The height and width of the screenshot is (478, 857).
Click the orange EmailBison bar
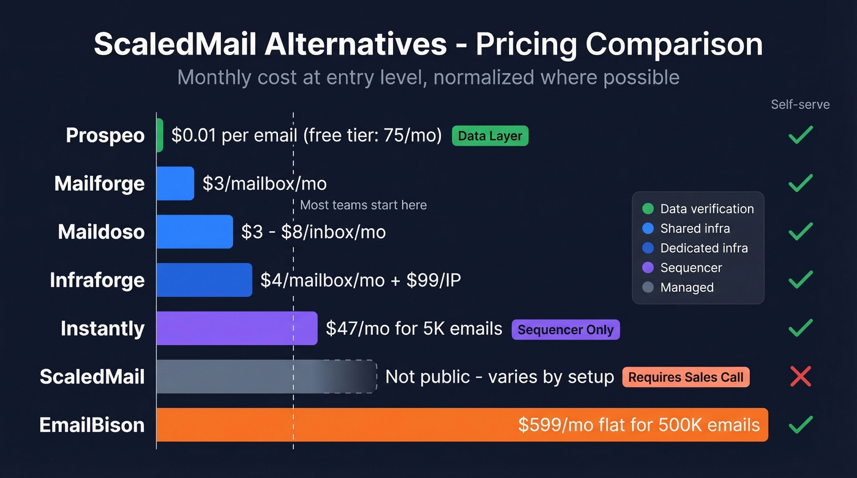[428, 425]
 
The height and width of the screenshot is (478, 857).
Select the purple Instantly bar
[237, 328]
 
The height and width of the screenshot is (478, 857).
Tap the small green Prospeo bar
[160, 135]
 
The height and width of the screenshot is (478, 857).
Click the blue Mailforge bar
[175, 184]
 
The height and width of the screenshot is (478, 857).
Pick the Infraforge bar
[204, 280]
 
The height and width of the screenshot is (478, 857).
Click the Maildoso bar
[195, 231]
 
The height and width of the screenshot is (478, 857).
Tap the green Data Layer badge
[490, 136]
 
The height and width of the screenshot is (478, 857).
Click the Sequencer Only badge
[566, 330]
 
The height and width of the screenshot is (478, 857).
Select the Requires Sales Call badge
[686, 377]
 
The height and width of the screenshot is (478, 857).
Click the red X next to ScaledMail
[800, 376]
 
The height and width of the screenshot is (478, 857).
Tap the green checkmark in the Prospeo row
[800, 135]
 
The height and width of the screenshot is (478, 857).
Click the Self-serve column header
[800, 105]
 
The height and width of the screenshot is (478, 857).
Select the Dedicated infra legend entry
[704, 248]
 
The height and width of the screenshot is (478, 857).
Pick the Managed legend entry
[687, 287]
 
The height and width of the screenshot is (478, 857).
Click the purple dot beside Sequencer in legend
[648, 267]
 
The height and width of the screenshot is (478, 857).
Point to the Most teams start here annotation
[363, 205]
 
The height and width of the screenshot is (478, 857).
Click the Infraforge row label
[97, 280]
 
